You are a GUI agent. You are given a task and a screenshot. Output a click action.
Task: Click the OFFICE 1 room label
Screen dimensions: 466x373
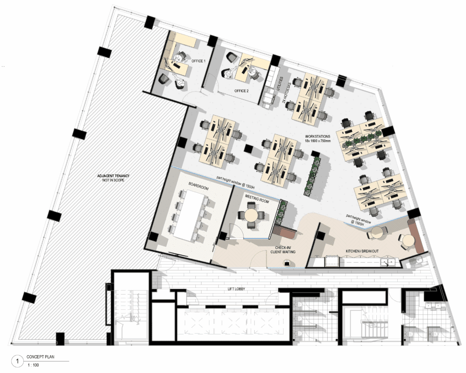tap(198, 61)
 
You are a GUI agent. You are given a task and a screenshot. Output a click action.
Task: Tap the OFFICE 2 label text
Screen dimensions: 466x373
tap(242, 91)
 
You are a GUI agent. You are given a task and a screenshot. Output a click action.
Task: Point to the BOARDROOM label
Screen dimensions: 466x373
tap(198, 186)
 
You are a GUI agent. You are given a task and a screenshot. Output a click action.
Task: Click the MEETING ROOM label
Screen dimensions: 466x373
tap(257, 199)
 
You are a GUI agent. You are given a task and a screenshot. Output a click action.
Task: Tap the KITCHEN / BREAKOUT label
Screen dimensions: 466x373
tap(362, 251)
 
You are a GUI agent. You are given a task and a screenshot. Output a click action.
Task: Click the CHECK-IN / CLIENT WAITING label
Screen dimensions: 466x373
tap(283, 250)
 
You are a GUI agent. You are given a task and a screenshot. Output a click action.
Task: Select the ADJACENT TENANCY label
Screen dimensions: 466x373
tap(113, 176)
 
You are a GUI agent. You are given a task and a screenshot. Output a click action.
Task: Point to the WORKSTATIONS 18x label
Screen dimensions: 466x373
tap(318, 138)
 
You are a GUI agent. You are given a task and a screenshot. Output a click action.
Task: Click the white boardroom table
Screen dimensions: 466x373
tap(188, 214)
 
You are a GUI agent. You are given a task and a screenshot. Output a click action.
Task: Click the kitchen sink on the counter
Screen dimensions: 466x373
tap(389, 262)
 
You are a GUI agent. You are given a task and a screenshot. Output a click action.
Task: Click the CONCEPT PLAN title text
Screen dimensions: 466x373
tap(41, 357)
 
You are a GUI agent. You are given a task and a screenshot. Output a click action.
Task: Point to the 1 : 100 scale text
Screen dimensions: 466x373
tap(33, 365)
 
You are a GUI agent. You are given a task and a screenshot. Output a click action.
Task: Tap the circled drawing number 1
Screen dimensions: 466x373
tap(17, 362)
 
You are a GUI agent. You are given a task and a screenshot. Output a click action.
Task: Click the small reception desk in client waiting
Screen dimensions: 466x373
tap(287, 263)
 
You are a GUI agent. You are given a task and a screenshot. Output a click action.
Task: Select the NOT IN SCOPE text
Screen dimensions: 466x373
tap(113, 180)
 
